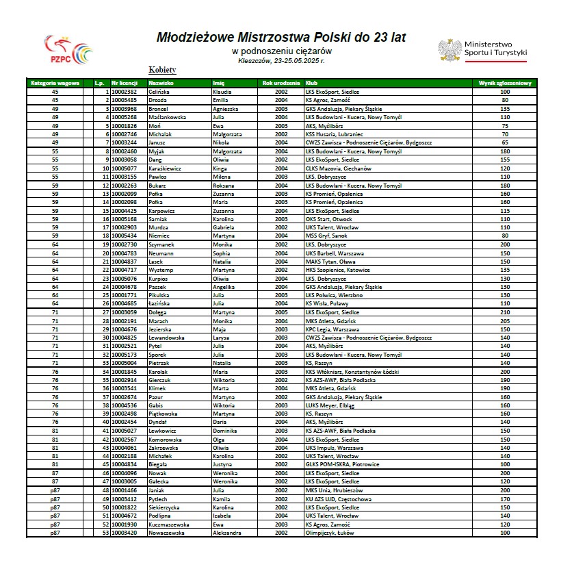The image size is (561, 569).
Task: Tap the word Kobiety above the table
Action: coord(163,70)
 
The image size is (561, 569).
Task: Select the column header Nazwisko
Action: coord(161,83)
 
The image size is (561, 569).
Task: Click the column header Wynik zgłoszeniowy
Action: coord(505,83)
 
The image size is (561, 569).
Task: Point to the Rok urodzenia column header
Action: coord(280,83)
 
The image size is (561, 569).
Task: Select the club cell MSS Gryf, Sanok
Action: coord(330,235)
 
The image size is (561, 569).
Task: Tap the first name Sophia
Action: coord(222,253)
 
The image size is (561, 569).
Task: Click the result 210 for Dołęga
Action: coord(505,312)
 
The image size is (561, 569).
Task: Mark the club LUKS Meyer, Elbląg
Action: coord(330,405)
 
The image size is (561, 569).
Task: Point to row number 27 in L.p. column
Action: coord(106,312)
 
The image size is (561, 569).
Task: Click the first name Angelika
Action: coord(224,287)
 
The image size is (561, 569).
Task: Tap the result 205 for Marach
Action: coord(505,320)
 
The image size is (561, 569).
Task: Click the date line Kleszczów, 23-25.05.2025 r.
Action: coord(281,60)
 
